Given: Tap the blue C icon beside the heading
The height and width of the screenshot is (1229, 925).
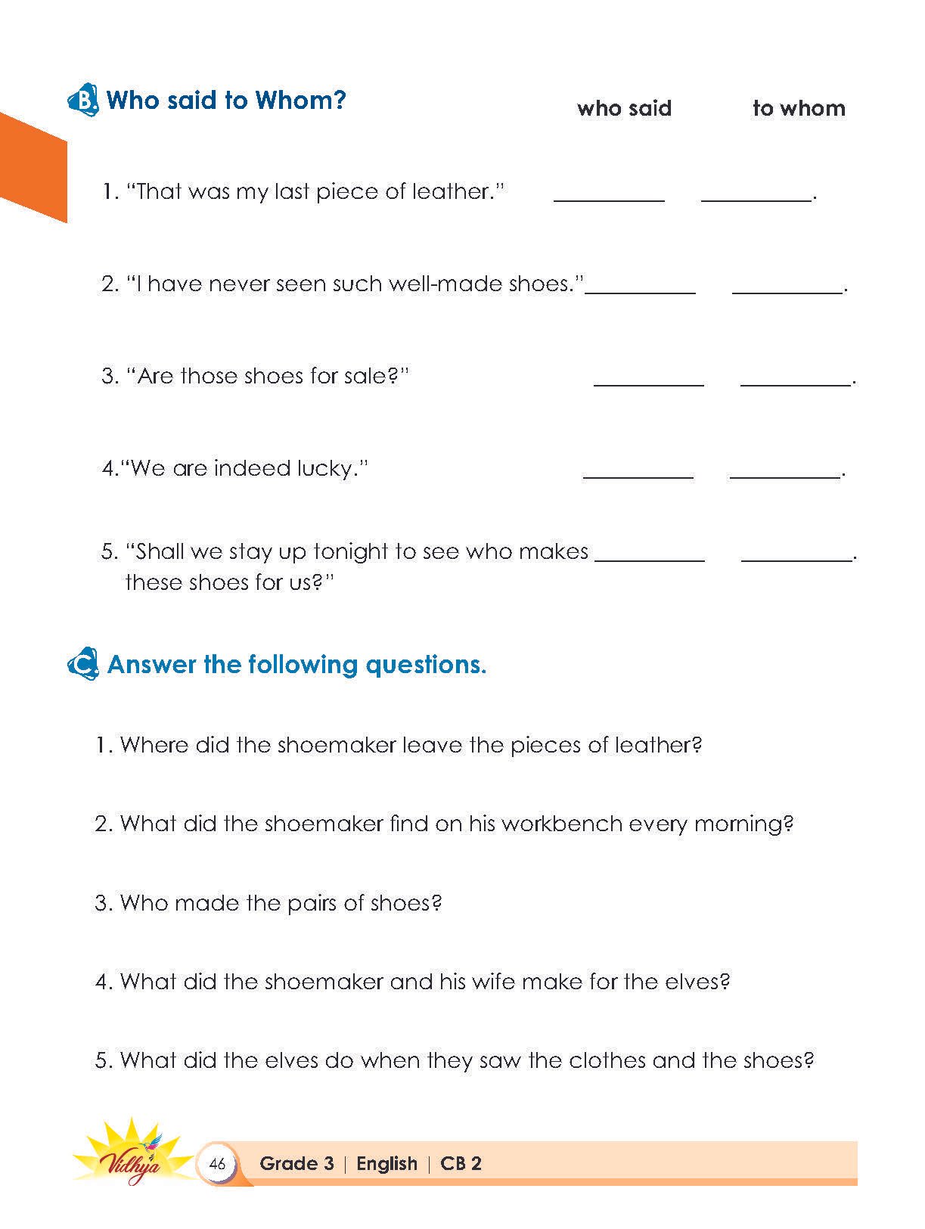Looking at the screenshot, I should (x=82, y=665).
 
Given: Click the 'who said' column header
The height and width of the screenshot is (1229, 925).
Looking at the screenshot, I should (x=624, y=109).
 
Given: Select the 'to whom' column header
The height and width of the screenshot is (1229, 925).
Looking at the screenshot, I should (x=799, y=109).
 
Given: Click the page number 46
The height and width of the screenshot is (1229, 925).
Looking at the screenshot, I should (x=217, y=1163).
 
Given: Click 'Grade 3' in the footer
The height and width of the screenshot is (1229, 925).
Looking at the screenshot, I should (x=296, y=1163).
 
